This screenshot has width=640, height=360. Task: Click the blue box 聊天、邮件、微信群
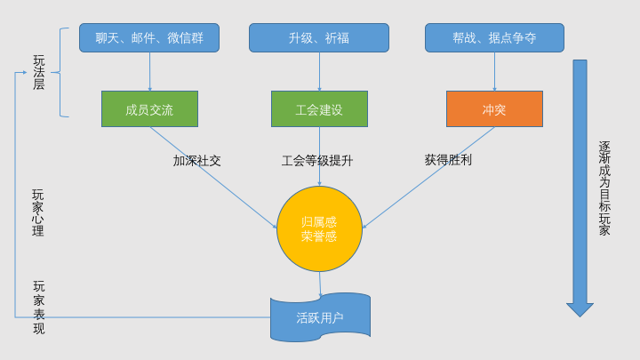click(149, 38)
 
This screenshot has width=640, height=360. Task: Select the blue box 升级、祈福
click(319, 38)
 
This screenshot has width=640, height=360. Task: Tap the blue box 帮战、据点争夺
click(494, 38)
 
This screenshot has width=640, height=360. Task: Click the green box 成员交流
click(149, 109)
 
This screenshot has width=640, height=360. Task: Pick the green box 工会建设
click(319, 109)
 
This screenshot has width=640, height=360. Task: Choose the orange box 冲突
click(494, 109)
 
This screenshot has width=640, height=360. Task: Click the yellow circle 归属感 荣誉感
click(319, 228)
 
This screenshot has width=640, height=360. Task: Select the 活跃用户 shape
click(320, 316)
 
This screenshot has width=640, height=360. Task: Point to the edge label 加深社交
click(197, 161)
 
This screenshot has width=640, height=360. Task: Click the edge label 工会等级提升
click(317, 161)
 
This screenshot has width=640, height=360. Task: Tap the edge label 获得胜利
click(448, 160)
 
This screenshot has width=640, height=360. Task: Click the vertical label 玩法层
click(38, 73)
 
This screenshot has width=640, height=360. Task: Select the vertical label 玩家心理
click(38, 212)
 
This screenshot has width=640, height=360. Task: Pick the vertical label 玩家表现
click(38, 307)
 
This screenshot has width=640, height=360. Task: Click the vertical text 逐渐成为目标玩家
click(604, 188)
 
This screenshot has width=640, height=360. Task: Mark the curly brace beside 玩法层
click(62, 72)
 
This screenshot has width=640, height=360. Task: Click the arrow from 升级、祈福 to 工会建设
click(319, 71)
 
